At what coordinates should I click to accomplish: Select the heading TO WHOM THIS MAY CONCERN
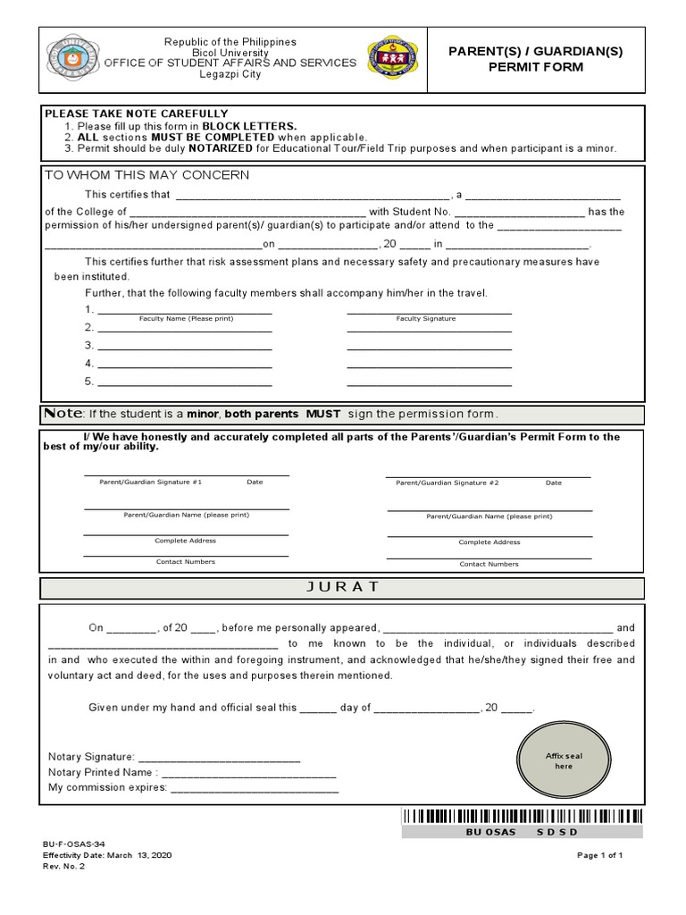click(x=147, y=175)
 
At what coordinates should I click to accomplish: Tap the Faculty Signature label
click(x=426, y=319)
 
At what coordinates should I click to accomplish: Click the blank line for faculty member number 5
click(x=185, y=382)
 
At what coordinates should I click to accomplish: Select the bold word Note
click(x=63, y=414)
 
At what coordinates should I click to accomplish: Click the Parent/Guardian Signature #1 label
click(x=150, y=483)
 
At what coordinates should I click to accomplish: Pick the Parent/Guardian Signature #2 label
click(x=447, y=483)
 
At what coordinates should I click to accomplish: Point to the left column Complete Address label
click(x=185, y=541)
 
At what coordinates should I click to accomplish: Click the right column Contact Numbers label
click(x=489, y=565)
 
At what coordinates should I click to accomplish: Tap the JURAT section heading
click(x=342, y=587)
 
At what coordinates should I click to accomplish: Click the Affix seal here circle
click(x=564, y=760)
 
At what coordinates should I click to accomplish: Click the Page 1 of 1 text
click(x=599, y=856)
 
